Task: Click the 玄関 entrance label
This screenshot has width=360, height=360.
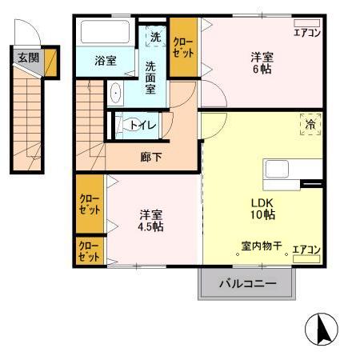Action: (26, 58)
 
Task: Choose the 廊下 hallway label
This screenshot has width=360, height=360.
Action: (151, 157)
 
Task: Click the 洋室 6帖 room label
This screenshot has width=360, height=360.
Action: (263, 63)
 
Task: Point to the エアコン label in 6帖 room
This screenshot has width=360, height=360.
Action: (306, 33)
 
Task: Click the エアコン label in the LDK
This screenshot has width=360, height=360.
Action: (306, 250)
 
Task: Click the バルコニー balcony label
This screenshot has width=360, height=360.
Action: (247, 284)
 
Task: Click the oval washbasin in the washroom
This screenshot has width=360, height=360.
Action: (117, 94)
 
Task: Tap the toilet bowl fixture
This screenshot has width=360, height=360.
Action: (122, 125)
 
